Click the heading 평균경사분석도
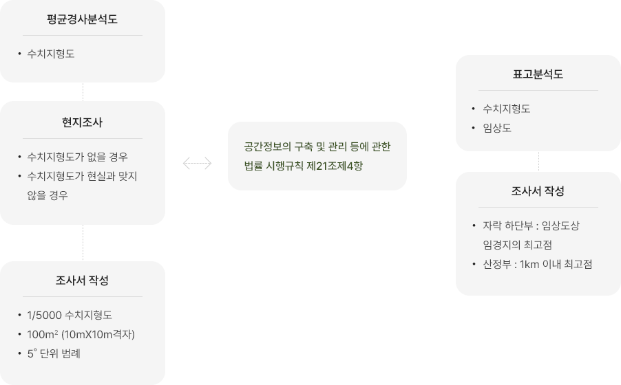[83, 19]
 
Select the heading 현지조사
[83, 122]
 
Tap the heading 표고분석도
[538, 74]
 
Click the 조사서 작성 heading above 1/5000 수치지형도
[83, 280]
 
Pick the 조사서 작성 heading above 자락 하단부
[538, 191]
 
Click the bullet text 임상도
[496, 128]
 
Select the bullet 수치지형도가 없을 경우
[77, 157]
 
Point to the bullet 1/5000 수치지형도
[70, 315]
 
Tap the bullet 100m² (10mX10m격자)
[81, 334]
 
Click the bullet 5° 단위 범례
[54, 353]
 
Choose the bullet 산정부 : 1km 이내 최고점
[537, 264]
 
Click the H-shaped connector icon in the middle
[197, 163]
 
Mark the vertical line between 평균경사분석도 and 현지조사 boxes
[83, 91]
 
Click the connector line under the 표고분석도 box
[538, 161]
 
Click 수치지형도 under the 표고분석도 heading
[506, 109]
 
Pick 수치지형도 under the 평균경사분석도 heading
[51, 54]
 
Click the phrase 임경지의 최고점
[517, 245]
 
